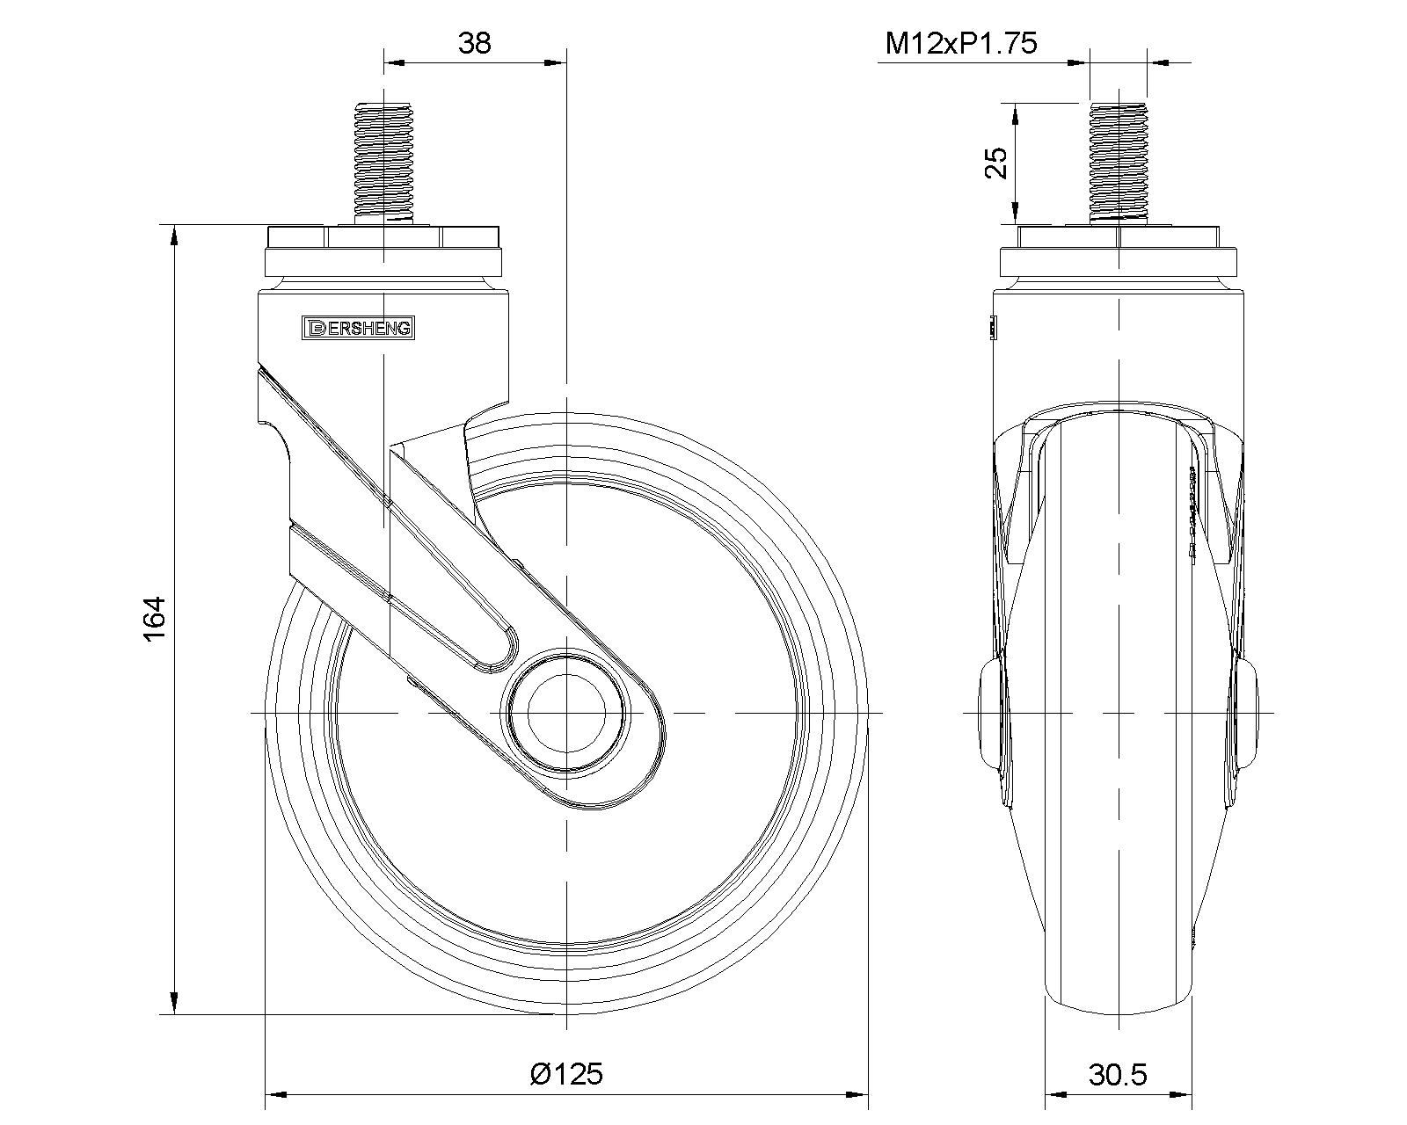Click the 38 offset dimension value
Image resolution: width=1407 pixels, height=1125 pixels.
[474, 43]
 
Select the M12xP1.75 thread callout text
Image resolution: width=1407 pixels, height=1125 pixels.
[960, 43]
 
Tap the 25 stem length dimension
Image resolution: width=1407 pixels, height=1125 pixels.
[995, 163]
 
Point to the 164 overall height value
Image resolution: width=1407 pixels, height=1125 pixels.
[154, 619]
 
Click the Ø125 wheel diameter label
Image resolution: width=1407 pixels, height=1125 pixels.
[566, 1074]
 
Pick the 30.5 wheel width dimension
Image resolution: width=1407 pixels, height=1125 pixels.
[1118, 1075]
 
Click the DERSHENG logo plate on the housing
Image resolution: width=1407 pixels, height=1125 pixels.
[358, 328]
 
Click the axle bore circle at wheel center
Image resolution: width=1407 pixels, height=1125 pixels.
[566, 714]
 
